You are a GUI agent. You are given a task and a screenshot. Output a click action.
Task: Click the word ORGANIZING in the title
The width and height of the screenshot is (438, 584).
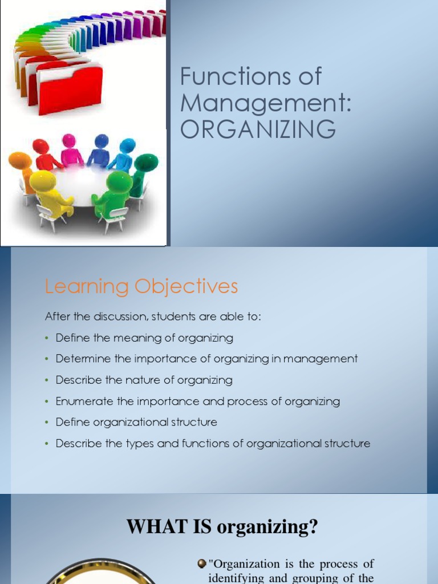coord(258,129)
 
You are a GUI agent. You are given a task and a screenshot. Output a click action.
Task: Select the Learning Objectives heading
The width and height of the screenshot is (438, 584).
coord(141,286)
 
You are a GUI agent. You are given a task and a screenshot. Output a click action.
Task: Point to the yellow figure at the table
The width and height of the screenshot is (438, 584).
coord(48,194)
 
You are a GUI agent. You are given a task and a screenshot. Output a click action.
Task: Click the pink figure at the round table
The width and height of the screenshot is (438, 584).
coord(71,151)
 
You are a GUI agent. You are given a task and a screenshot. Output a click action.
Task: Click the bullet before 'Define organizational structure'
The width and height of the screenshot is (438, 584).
coord(47,423)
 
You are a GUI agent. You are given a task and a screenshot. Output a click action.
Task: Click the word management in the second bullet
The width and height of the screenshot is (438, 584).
coord(326,359)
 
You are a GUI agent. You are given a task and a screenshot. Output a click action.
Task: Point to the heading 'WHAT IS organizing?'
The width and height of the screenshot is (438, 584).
coord(222,526)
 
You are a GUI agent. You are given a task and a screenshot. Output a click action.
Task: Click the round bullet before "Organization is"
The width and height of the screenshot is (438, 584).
coord(201,564)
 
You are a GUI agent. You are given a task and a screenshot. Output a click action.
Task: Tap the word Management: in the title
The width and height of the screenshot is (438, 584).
coord(265,103)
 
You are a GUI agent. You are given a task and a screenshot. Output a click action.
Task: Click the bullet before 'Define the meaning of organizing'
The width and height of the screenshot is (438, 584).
coord(47,338)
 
